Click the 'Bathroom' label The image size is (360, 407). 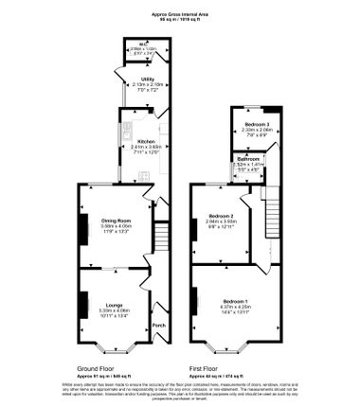pyautogui.click(x=248, y=159)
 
